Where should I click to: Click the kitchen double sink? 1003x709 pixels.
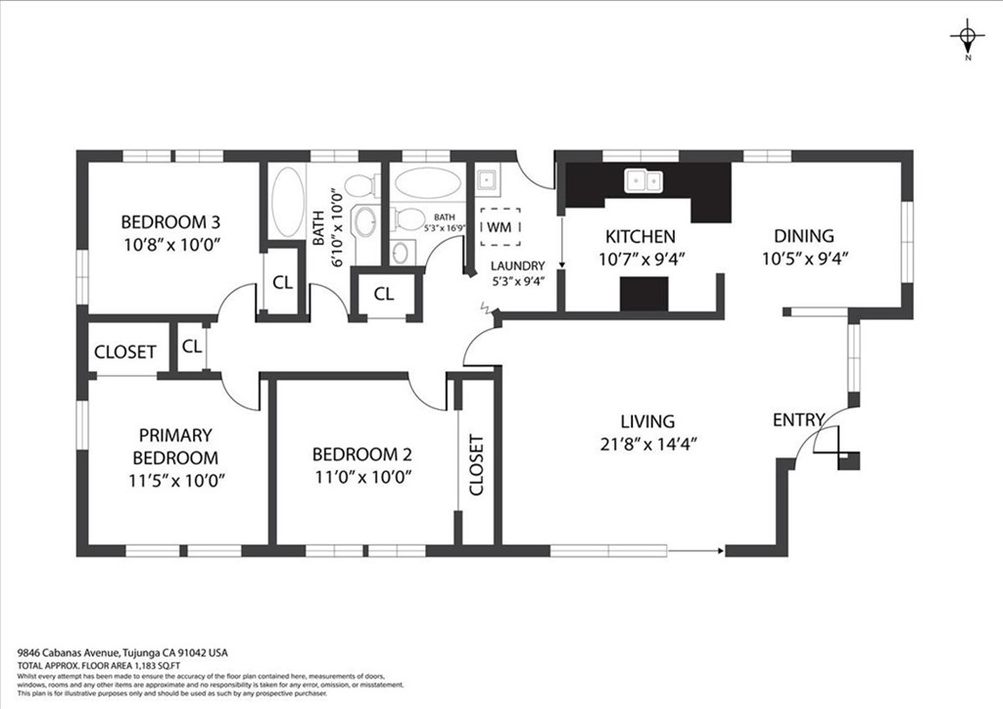click(645, 180)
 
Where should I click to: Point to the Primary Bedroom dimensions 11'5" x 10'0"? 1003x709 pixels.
click(176, 480)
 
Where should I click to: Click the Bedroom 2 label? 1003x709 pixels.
click(361, 454)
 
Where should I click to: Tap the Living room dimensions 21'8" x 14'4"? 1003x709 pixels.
click(647, 444)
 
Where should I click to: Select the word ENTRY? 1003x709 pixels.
click(798, 420)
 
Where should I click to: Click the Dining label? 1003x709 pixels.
click(803, 236)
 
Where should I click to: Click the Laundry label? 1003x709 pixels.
click(517, 265)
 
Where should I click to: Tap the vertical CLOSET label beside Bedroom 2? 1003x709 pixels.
click(477, 464)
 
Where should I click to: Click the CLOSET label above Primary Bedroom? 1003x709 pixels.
click(124, 352)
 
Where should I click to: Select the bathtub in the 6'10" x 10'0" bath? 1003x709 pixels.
click(287, 203)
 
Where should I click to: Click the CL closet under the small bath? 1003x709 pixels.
click(384, 294)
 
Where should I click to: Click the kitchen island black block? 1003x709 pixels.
click(645, 293)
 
